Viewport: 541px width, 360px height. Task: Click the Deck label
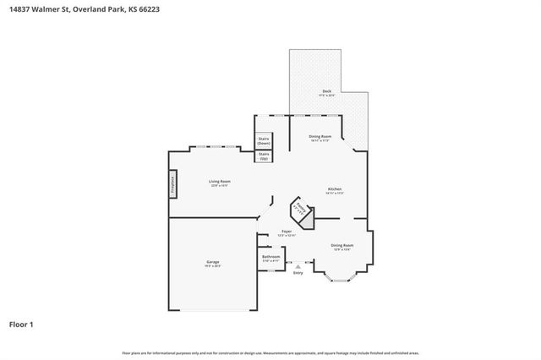coord(326,91)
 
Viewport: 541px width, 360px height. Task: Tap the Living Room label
coord(221,181)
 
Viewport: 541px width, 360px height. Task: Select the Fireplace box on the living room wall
coord(172,184)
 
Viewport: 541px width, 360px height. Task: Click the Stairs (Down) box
coord(264,141)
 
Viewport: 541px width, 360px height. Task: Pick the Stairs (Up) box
coord(264,156)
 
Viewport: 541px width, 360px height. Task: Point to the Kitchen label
coord(336,188)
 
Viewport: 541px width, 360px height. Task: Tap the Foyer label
coord(287,231)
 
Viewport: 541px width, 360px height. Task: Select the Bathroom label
coord(271,256)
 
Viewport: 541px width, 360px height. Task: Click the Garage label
coord(213,262)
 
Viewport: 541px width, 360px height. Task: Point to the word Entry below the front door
coord(298,273)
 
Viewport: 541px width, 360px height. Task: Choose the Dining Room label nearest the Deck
coord(320,136)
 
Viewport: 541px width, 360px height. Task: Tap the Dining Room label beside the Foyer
coord(342,245)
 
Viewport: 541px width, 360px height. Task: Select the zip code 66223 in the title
coord(147,9)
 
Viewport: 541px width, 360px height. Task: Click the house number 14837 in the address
coord(21,9)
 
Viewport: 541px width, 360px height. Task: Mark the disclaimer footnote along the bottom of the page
coord(270,352)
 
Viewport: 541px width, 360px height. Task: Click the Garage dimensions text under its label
coord(213,267)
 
